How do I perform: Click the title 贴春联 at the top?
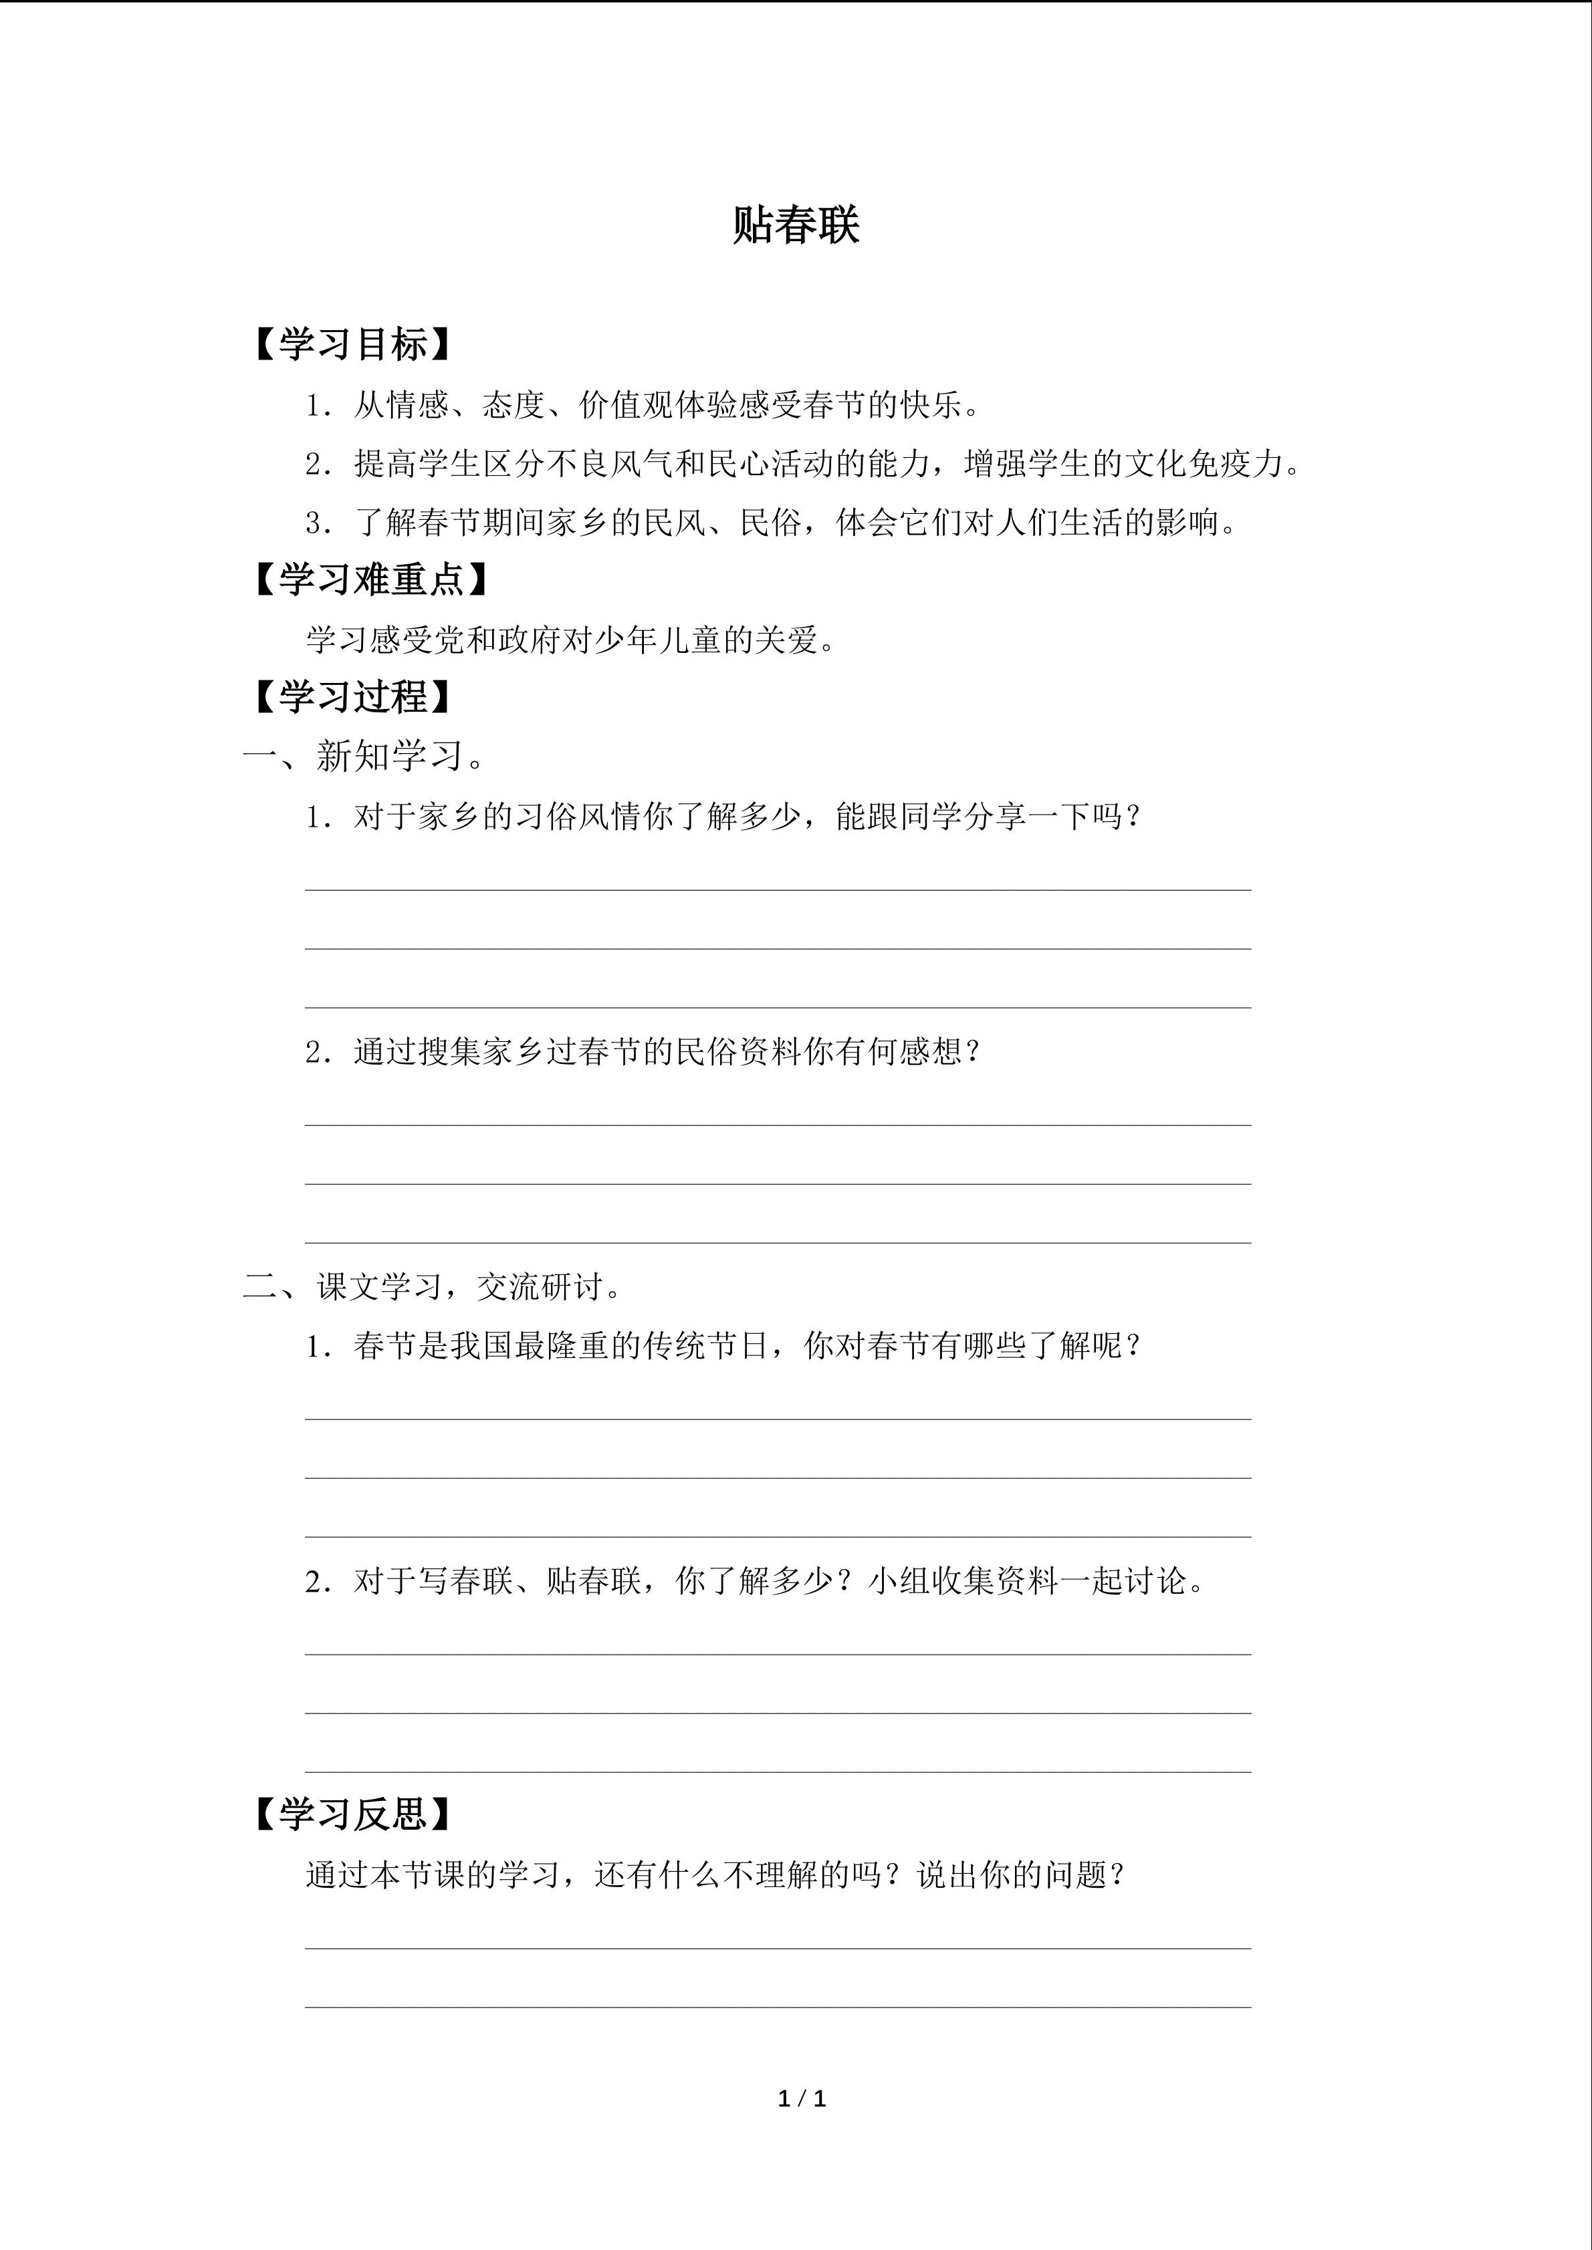click(x=795, y=225)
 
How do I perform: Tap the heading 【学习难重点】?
click(x=370, y=580)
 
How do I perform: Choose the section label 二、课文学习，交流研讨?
click(x=431, y=1286)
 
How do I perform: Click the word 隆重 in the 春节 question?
click(x=578, y=1345)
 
